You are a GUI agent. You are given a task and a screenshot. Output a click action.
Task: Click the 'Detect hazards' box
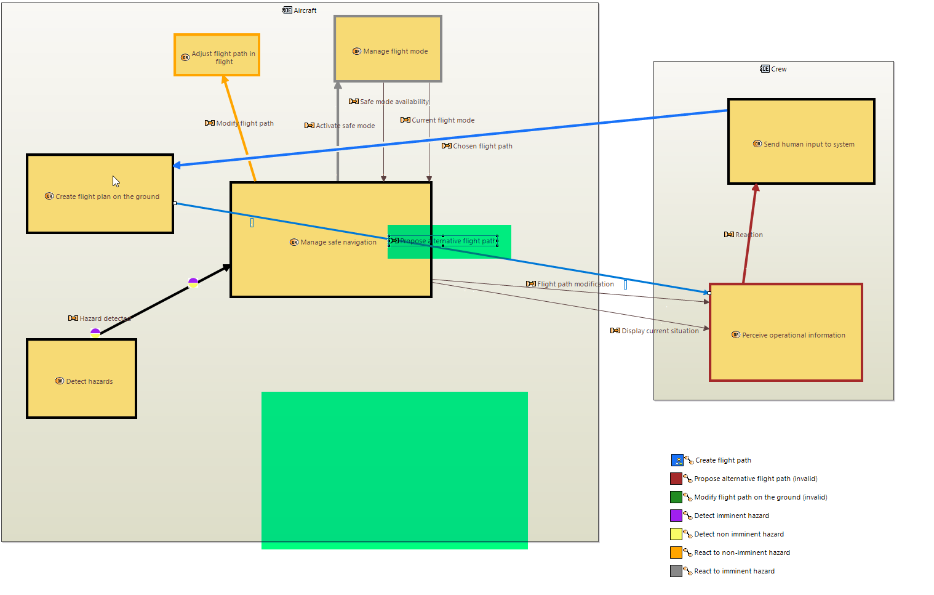point(81,394)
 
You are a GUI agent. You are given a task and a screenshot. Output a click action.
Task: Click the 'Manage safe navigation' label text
point(338,243)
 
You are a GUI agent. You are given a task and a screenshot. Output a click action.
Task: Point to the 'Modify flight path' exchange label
point(244,124)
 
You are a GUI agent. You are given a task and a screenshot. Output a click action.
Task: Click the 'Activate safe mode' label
point(345,126)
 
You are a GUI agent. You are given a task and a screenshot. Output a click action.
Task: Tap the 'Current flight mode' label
point(442,121)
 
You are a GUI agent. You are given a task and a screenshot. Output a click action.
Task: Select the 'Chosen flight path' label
point(482,147)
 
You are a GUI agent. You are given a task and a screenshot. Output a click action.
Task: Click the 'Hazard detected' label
point(104,319)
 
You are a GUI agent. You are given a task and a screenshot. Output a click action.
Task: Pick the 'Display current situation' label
point(660,331)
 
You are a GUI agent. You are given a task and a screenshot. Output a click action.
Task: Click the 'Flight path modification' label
point(575,285)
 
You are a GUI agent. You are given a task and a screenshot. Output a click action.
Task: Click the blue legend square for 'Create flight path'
point(677,460)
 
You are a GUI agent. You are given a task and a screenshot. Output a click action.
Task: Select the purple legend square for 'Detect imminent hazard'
point(676,516)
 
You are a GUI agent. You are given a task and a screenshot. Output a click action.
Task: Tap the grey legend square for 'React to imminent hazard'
point(676,571)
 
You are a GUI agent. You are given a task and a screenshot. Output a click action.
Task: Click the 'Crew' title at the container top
point(778,70)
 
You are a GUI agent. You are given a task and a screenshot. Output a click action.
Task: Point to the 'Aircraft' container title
point(305,11)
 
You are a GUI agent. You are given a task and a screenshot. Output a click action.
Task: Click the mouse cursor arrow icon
point(116,181)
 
